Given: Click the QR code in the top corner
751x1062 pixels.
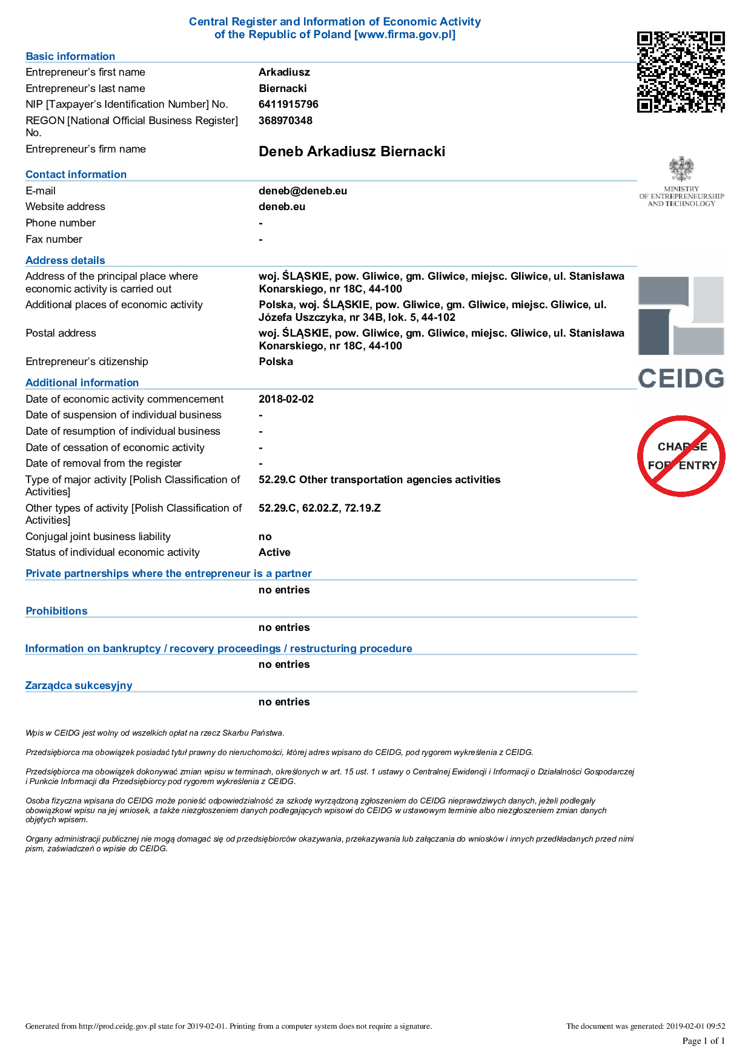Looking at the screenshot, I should [x=681, y=72].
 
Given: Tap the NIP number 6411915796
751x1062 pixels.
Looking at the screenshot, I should [x=288, y=104].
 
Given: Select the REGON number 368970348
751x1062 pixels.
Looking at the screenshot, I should [x=285, y=120].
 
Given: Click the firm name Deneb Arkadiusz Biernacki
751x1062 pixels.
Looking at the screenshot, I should [x=351, y=151].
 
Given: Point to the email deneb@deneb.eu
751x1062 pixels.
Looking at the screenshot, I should [x=303, y=191].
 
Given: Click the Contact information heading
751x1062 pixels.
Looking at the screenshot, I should [x=76, y=174].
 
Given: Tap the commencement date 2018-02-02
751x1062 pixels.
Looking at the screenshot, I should [x=286, y=399].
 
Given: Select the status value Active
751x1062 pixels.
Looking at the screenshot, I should [x=274, y=552].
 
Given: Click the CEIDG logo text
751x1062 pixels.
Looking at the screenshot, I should [x=681, y=379].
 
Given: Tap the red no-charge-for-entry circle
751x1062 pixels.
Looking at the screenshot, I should [x=681, y=456].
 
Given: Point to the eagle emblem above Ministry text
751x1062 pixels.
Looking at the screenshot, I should [x=681, y=169].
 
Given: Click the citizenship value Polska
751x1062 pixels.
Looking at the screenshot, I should [x=276, y=361].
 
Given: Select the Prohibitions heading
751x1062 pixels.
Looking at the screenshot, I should [x=56, y=611].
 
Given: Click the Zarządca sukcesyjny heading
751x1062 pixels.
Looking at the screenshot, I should [x=79, y=685].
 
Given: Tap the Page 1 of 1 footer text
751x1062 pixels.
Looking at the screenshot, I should [x=703, y=1041].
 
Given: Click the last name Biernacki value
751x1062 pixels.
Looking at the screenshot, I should [x=283, y=88].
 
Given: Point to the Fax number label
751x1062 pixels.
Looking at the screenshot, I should [x=54, y=239].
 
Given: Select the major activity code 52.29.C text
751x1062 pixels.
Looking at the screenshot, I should [x=277, y=480].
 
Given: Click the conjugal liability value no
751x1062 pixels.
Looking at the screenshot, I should [x=265, y=536].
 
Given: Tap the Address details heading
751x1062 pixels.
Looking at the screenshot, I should [x=65, y=260].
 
